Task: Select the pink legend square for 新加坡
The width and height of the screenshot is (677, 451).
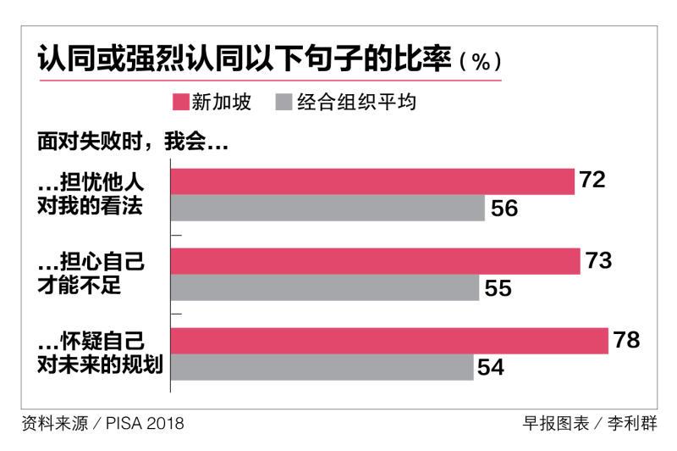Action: tap(180, 103)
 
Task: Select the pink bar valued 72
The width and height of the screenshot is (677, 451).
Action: tap(372, 181)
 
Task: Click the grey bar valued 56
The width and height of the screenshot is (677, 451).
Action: tap(327, 208)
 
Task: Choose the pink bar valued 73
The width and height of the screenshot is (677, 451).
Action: tap(375, 261)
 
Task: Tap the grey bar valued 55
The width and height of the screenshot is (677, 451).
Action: tap(325, 288)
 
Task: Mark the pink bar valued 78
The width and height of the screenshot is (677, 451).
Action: tap(389, 341)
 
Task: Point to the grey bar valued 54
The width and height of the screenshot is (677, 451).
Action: tap(322, 368)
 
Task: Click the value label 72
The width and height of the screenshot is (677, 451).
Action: tap(592, 180)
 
